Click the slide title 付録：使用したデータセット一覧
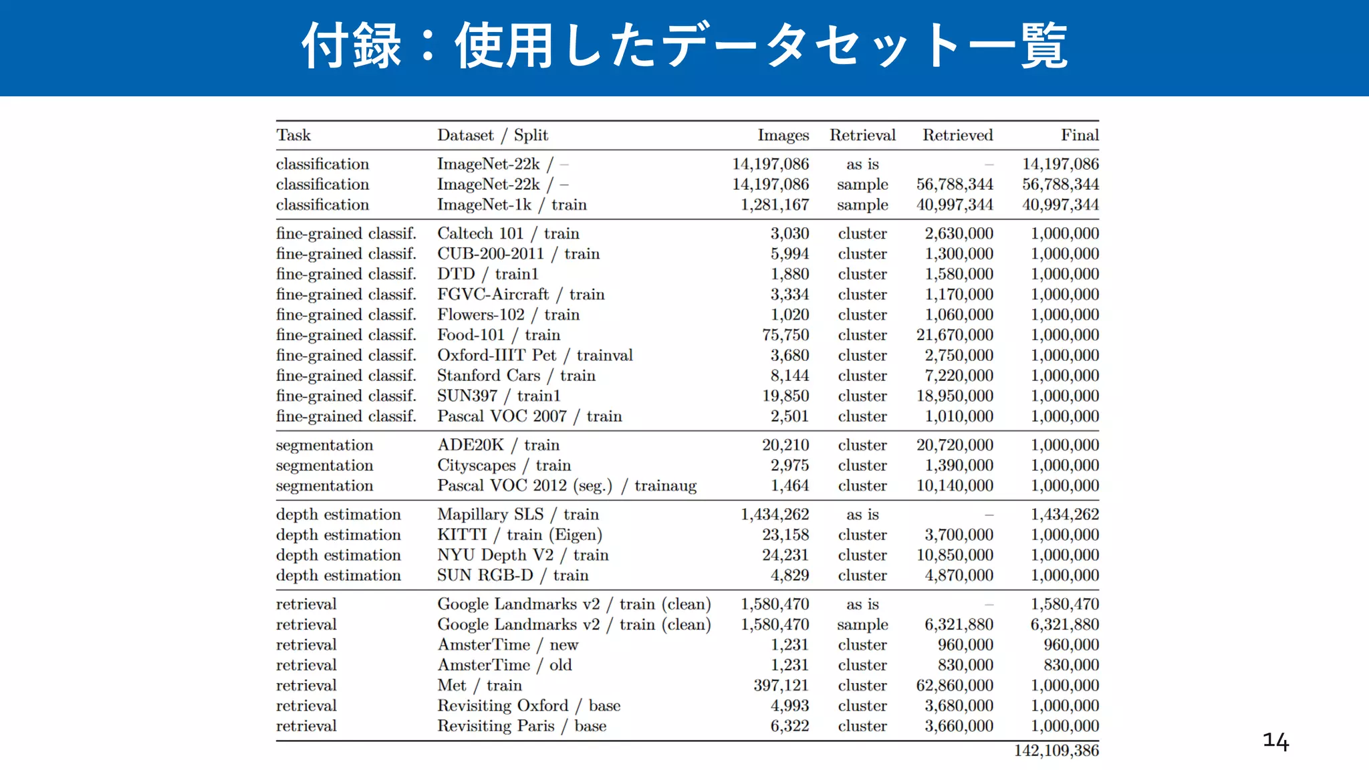(x=684, y=45)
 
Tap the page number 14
(x=1275, y=741)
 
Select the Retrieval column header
(x=862, y=135)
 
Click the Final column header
(x=1080, y=135)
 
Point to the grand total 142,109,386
(x=1056, y=751)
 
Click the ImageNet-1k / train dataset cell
(x=511, y=205)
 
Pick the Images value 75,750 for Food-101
(x=785, y=335)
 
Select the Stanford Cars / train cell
(x=516, y=376)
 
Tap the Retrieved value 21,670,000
(x=955, y=335)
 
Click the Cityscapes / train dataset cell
(x=504, y=465)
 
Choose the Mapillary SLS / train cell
(x=518, y=515)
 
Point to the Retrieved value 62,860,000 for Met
(x=955, y=686)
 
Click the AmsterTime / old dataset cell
(x=505, y=665)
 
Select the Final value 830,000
(x=1071, y=665)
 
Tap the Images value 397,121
(x=781, y=686)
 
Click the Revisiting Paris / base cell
(x=521, y=726)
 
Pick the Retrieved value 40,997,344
(x=955, y=205)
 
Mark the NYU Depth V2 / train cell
(x=523, y=555)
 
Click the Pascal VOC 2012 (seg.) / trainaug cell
(x=567, y=486)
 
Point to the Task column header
(x=293, y=135)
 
